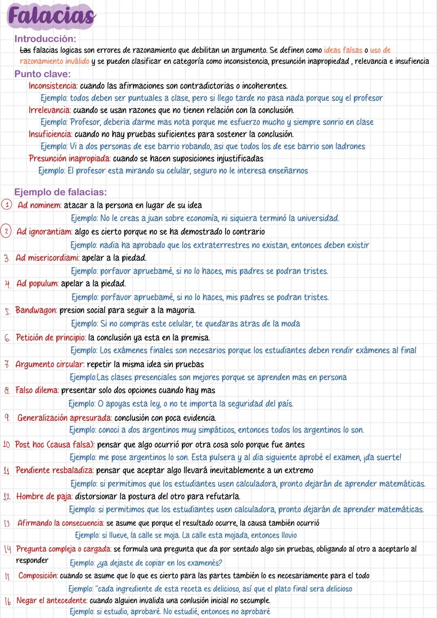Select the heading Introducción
coord(45,39)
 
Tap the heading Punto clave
coord(42,74)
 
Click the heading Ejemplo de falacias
coord(60,192)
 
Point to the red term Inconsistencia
coord(53,86)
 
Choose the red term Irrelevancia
coord(50,110)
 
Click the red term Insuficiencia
coord(51,134)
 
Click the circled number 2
coord(7,232)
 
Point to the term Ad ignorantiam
coord(45,232)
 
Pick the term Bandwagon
coord(36,310)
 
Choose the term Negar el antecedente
coord(51,601)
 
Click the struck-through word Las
coord(25,51)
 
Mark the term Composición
coord(38,576)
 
